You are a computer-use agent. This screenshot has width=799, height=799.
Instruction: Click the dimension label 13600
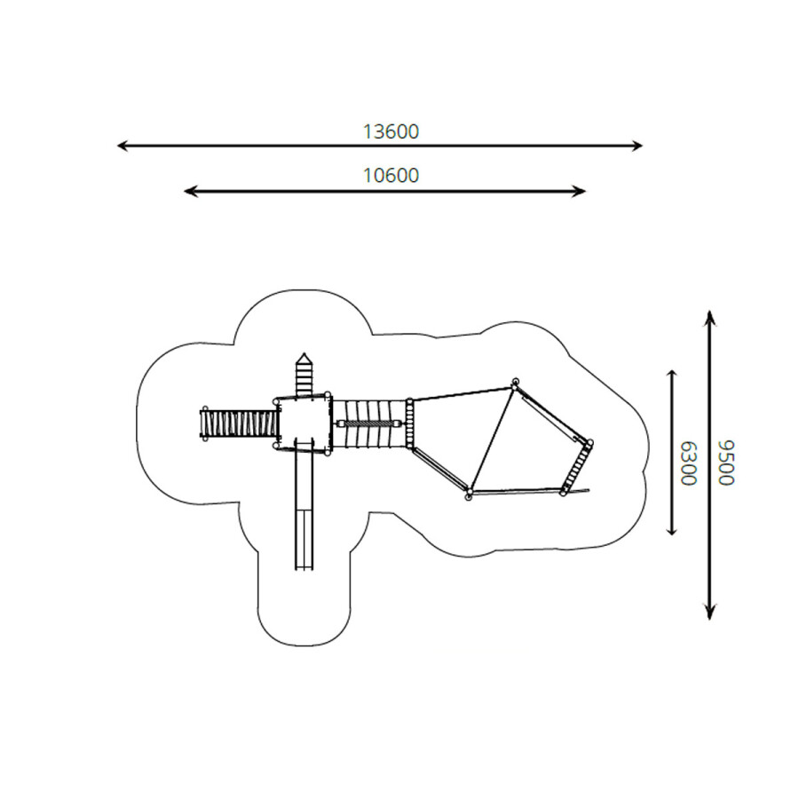[x=391, y=132]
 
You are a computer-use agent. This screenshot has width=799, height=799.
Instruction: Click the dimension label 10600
[x=391, y=176]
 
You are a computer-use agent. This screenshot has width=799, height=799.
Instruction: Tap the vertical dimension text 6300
[x=688, y=463]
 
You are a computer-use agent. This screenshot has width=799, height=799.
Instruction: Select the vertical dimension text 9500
[x=726, y=463]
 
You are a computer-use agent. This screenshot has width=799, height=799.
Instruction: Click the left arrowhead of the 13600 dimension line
[x=122, y=146]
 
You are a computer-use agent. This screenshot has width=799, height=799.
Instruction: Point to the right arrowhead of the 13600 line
[x=638, y=146]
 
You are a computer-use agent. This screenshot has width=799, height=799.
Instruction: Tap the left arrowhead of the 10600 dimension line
[x=189, y=192]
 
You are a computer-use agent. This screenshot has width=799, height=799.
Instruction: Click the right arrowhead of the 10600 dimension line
[x=581, y=192]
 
